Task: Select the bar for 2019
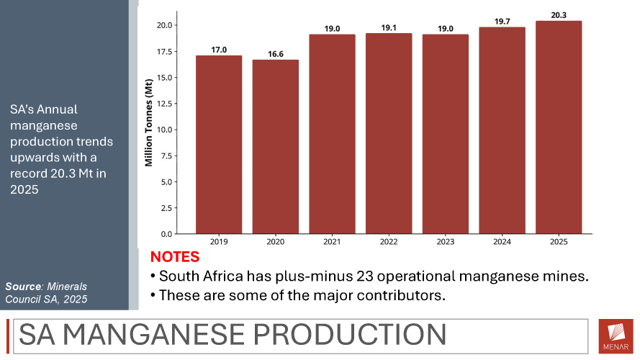click(219, 145)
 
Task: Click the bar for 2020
click(276, 147)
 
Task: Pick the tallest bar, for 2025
click(559, 127)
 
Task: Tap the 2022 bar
click(389, 133)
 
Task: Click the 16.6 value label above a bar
click(276, 54)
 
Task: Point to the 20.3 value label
click(559, 16)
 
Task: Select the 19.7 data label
click(502, 22)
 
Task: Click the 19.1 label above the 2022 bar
click(389, 28)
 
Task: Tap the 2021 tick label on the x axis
click(332, 242)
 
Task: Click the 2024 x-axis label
click(502, 242)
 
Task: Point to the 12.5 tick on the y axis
click(164, 104)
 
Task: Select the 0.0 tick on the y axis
click(166, 234)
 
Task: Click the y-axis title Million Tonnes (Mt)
click(148, 122)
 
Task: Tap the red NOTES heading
click(175, 257)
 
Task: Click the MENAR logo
click(616, 336)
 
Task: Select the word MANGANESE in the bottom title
click(154, 335)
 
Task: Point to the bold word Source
click(23, 287)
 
